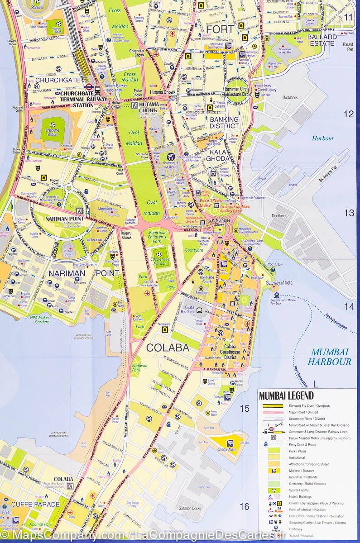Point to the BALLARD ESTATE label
coord(322,40)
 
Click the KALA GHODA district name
coord(219,155)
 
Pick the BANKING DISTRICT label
coord(224,123)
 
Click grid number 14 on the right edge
coord(349,306)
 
